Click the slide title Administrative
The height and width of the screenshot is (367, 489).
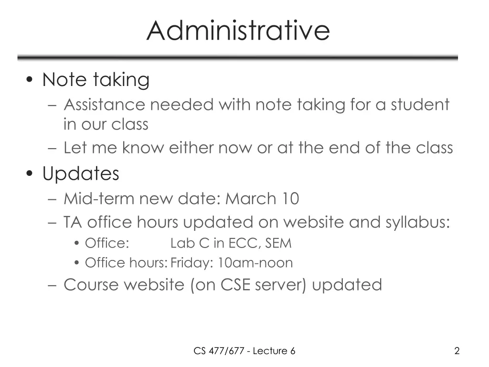click(x=238, y=30)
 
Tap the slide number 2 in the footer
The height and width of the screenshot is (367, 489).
click(x=457, y=351)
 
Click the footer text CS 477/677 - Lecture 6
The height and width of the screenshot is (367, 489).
click(x=244, y=351)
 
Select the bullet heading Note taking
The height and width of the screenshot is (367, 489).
click(x=96, y=80)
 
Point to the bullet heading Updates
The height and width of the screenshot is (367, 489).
click(x=81, y=173)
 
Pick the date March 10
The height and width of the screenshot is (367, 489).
click(x=262, y=198)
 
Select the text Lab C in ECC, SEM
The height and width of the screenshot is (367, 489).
click(x=231, y=243)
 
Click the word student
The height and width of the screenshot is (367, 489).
click(x=420, y=105)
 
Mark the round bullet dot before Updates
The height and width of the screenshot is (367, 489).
click(x=31, y=174)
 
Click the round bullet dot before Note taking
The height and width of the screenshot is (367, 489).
click(x=31, y=81)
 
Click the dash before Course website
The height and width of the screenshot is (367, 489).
click(x=53, y=285)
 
